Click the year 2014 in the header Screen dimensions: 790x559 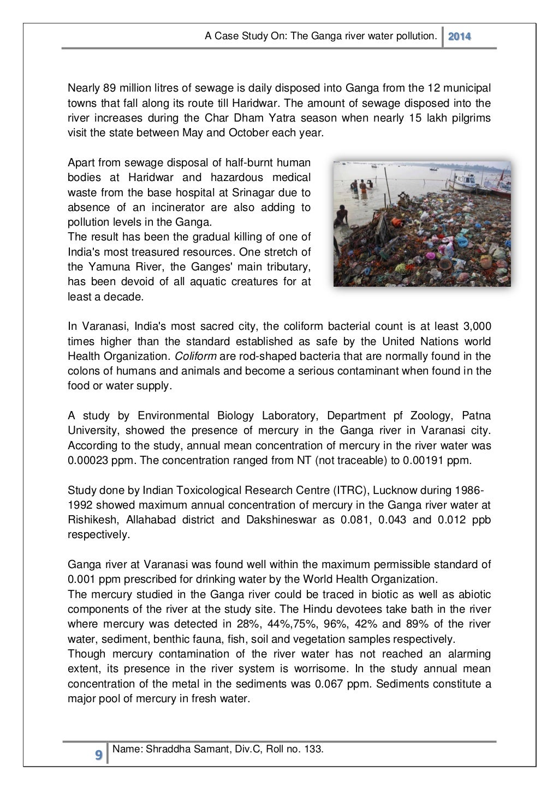(460, 37)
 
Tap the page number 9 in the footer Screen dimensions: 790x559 (98, 755)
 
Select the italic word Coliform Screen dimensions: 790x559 (195, 356)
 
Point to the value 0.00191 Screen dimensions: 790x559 (423, 460)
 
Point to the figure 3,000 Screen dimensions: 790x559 (476, 326)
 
